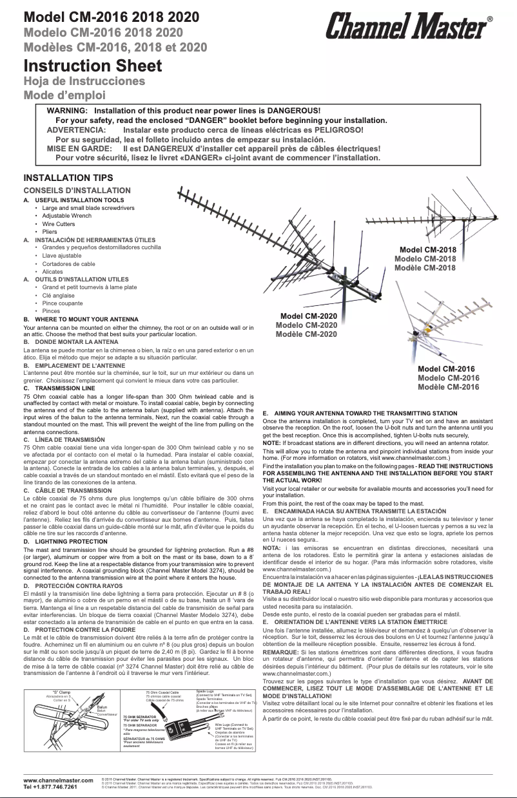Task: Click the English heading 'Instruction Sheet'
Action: [x=92, y=66]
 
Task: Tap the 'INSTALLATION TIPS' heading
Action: [x=68, y=178]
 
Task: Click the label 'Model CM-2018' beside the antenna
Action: [x=428, y=250]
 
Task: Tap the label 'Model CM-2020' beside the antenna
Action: [x=308, y=316]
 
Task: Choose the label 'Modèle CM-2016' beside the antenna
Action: [x=448, y=387]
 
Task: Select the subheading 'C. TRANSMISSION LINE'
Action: [x=59, y=388]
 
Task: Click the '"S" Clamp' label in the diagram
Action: [x=61, y=692]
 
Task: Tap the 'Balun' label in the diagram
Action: [x=102, y=707]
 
